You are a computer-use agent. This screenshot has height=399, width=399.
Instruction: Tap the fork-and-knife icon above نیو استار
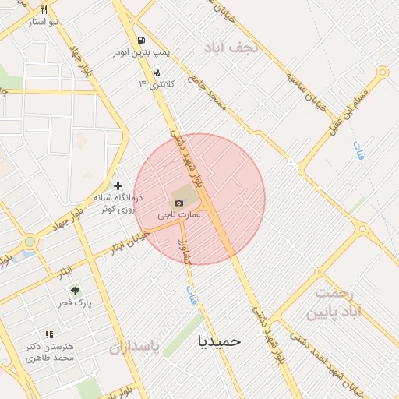[44, 10]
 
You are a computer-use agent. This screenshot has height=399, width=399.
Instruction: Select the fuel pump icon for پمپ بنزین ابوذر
[139, 40]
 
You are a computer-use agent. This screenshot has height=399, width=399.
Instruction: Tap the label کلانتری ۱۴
[157, 83]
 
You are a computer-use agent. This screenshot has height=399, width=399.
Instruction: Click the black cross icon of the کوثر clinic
[118, 185]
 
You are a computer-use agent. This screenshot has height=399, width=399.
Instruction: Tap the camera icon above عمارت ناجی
[179, 203]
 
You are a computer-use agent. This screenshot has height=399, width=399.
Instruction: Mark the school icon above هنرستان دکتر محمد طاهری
[49, 334]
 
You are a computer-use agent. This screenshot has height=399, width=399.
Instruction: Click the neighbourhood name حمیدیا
[221, 341]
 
